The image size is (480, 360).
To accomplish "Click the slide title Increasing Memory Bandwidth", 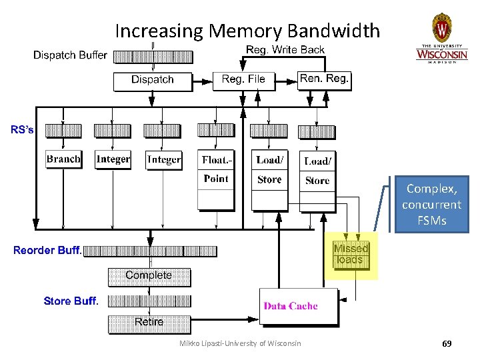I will (x=247, y=31).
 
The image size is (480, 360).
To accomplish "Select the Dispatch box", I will (x=153, y=80).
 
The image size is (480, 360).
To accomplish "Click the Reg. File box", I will (x=243, y=79).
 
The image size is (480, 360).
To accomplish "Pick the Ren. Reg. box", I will (x=324, y=79).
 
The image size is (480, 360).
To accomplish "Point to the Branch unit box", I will (x=63, y=159).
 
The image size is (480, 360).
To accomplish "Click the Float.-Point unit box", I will (x=215, y=169).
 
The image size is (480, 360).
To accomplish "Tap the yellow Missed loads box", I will (x=351, y=254).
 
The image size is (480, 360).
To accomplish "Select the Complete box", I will (x=149, y=275).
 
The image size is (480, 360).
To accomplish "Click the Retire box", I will (x=149, y=322).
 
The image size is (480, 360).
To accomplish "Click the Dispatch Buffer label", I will (x=70, y=55).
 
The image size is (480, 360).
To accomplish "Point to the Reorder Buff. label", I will (x=47, y=251).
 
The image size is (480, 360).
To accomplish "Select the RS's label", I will (x=22, y=130).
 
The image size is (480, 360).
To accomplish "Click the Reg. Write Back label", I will (x=285, y=50).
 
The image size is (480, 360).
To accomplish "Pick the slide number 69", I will (x=447, y=344).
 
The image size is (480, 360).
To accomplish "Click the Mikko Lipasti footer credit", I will (x=240, y=344).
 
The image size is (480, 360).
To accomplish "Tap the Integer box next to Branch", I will (x=113, y=159).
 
